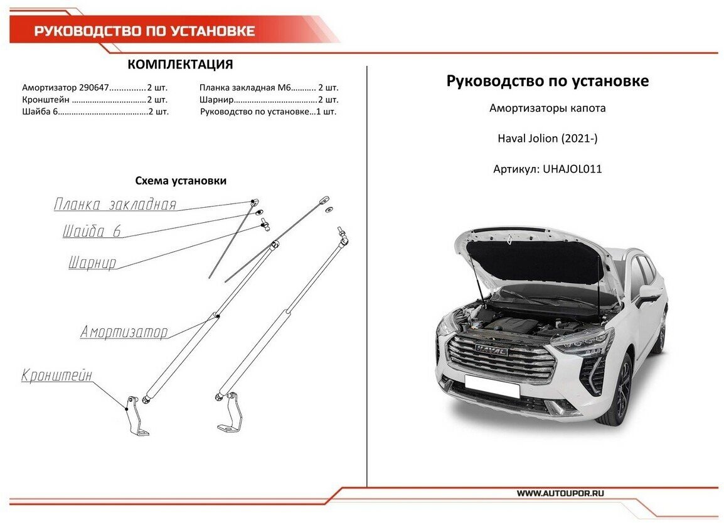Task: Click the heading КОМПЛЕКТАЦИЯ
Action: coord(180,65)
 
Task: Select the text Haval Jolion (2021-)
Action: coord(547,139)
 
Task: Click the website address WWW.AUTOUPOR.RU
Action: coord(560,493)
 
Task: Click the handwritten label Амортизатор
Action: coord(124,332)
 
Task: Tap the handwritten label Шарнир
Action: coord(92,263)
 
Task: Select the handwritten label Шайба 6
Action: coord(92,232)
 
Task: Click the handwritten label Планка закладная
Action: coord(115,205)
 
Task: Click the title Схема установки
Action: coord(181,181)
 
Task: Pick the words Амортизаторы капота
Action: coord(547,109)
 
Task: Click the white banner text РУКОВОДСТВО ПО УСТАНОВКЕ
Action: coord(144,31)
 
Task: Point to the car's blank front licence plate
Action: coord(492,386)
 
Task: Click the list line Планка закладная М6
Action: coord(269,88)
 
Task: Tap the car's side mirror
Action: coord(647,293)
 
